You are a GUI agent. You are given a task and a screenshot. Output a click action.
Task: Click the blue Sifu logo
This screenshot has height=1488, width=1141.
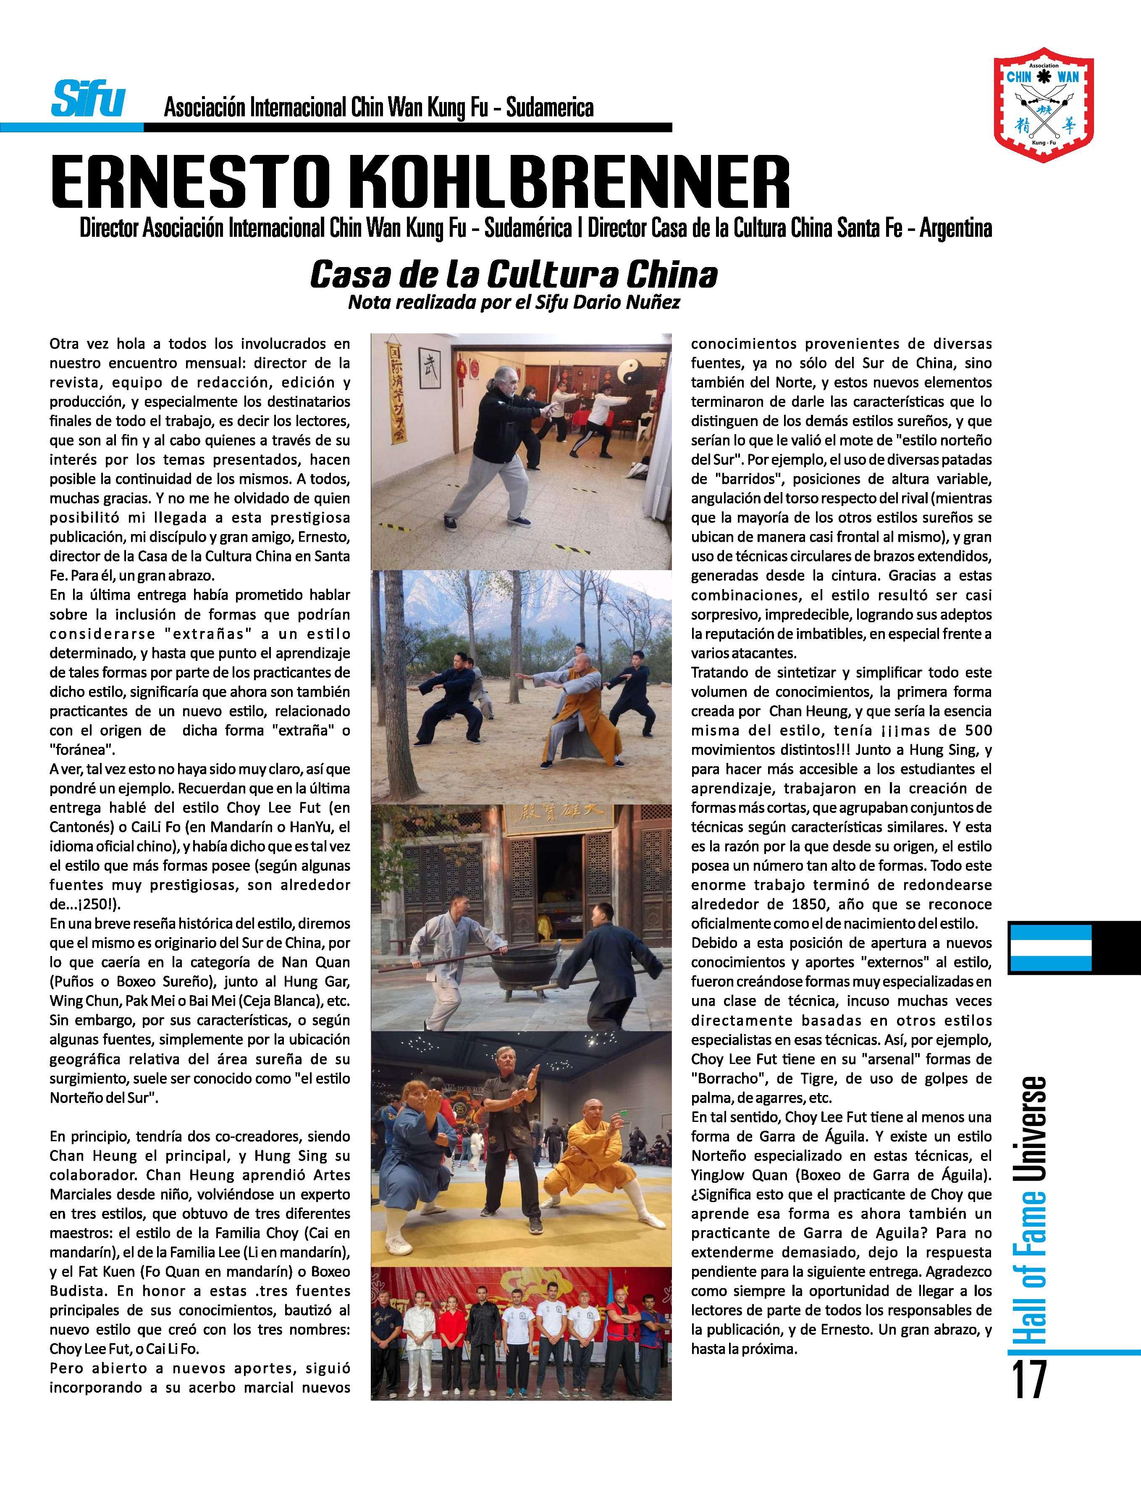(88, 100)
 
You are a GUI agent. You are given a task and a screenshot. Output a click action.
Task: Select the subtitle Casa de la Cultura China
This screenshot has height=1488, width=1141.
(514, 274)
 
